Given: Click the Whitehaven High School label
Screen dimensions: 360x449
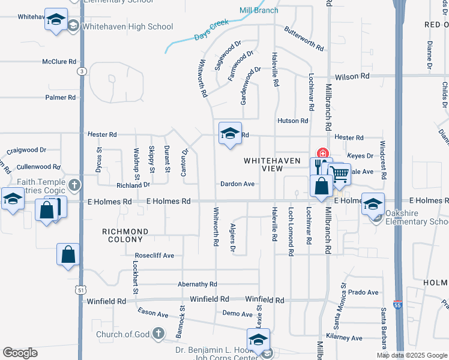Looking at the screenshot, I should pos(128,27).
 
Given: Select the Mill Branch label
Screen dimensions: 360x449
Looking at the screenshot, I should pos(259,10).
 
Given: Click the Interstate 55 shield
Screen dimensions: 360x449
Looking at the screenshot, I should pos(397,304).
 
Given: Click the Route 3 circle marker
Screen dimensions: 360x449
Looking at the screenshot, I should pos(80,71).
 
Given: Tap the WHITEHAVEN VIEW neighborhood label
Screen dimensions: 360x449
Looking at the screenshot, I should pos(263,165).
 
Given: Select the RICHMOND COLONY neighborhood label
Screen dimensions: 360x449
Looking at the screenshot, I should pos(125,235).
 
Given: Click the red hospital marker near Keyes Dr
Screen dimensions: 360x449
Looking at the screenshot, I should pos(322,153).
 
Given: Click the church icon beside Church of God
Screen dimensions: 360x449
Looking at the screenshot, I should pos(158,333).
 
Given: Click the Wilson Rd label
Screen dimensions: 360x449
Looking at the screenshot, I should pos(352,77).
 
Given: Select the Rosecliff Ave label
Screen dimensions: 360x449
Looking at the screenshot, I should pos(154,256).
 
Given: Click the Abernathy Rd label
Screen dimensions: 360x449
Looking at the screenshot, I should pos(197,284).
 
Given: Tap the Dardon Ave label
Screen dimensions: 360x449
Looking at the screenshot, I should pos(238,184).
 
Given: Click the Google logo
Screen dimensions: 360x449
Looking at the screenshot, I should pos(20,353).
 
